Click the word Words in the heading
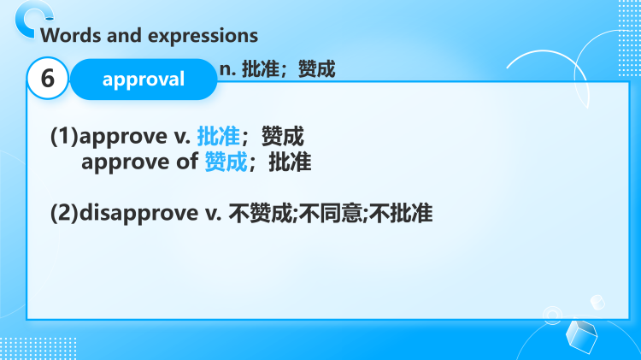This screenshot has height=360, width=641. pyautogui.click(x=68, y=35)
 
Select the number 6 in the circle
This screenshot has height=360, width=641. pyautogui.click(x=48, y=80)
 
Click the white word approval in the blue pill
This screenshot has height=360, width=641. pyautogui.click(x=143, y=80)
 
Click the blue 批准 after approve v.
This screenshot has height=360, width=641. pyautogui.click(x=218, y=137)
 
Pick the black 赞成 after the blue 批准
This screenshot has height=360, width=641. pyautogui.click(x=283, y=137)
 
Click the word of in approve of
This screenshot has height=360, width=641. pyautogui.click(x=187, y=162)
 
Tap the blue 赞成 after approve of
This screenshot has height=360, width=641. pyautogui.click(x=226, y=162)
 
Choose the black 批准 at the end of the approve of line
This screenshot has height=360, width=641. pyautogui.click(x=290, y=162)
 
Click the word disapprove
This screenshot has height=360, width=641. pyautogui.click(x=139, y=213)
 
